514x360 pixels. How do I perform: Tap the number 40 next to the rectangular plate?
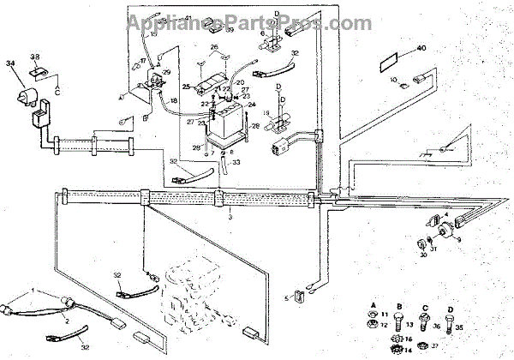421,49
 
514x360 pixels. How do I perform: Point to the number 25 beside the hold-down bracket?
186,87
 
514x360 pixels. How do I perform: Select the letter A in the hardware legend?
374,308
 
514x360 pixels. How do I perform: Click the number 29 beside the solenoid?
167,73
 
